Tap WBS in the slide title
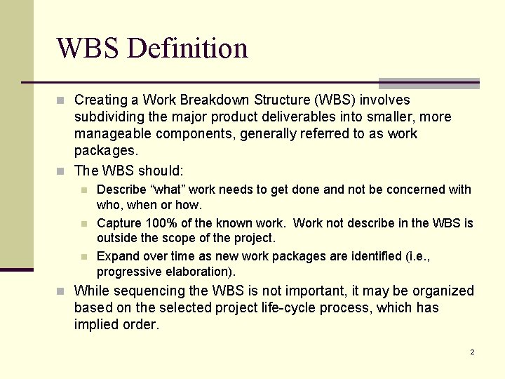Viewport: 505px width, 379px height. tap(89, 48)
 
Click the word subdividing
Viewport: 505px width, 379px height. tap(107, 117)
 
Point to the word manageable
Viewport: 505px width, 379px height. tap(107, 134)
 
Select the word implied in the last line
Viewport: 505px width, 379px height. tap(97, 324)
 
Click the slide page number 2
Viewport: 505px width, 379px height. tap(472, 352)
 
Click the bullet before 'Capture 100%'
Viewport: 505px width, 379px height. tap(84, 224)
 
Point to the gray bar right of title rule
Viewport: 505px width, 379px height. tap(429, 83)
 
